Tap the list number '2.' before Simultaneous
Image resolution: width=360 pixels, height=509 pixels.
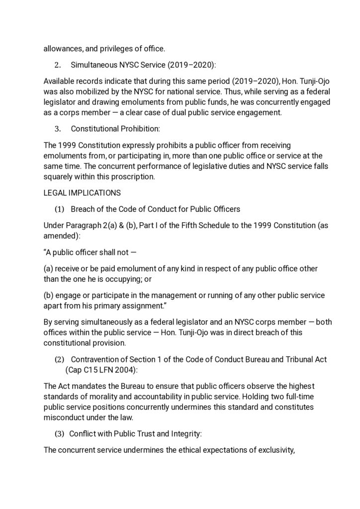pos(58,65)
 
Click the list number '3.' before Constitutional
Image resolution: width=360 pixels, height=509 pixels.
pos(58,129)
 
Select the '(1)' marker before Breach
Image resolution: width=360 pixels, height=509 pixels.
pos(59,208)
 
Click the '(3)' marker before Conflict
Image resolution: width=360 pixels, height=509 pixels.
pos(59,433)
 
